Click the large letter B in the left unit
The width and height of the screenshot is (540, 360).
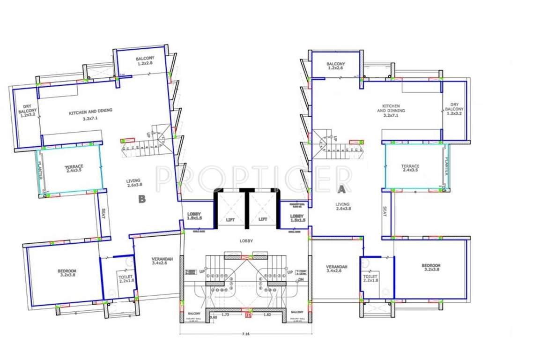(x=142, y=199)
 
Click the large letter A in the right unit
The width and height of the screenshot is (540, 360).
(x=342, y=189)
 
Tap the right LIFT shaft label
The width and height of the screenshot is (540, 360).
(x=263, y=219)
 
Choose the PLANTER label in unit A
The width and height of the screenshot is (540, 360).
(x=446, y=166)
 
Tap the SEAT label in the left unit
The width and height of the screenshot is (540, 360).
(x=103, y=215)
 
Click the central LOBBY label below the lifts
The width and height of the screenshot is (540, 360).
(x=246, y=241)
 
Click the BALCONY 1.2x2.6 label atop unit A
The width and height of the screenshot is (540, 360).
(x=336, y=66)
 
